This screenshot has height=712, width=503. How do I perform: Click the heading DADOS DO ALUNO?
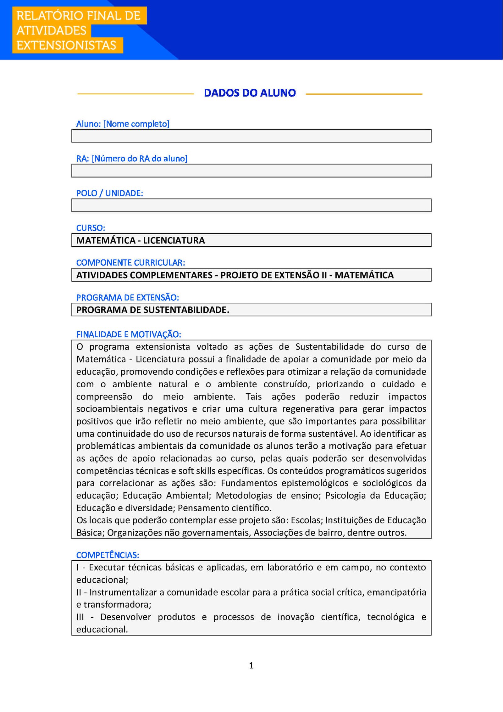tap(250, 93)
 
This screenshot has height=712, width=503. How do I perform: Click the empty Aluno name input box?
tap(251, 136)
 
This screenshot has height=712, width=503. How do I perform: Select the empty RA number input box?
tap(251, 171)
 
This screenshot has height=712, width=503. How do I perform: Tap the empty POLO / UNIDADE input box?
tap(251, 205)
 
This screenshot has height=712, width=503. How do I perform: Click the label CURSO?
tap(91, 228)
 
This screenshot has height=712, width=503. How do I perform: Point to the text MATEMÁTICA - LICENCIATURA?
tap(141, 240)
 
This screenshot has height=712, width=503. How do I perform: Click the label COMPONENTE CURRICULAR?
tap(130, 262)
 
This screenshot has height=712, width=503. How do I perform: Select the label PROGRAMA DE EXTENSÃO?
tap(127, 297)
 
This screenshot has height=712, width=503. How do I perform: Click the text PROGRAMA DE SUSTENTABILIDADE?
tap(153, 310)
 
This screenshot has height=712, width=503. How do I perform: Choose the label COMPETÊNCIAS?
tap(108, 555)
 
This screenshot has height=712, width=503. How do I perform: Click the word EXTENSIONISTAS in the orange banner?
tap(66, 45)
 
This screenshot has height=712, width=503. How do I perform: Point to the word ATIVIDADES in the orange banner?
tap(51, 31)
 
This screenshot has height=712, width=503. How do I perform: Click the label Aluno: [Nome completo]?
tap(123, 124)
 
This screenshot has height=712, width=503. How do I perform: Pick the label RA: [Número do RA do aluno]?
tap(132, 159)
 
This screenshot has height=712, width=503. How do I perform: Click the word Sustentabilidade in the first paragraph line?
tap(329, 347)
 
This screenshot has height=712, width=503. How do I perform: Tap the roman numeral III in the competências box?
tap(80, 617)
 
